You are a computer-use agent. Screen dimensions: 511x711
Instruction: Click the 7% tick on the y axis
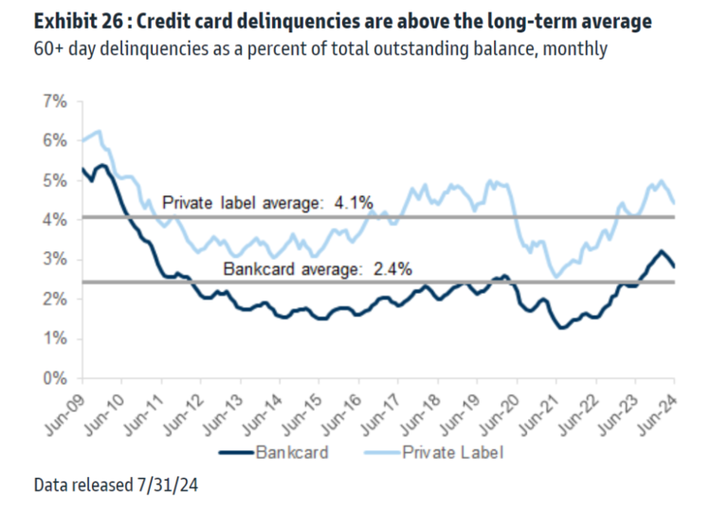click(x=53, y=100)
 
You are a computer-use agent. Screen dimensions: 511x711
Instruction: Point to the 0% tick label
click(x=53, y=378)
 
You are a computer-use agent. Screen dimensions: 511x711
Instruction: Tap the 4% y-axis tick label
click(x=53, y=219)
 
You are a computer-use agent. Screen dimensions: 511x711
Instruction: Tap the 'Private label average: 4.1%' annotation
click(x=268, y=202)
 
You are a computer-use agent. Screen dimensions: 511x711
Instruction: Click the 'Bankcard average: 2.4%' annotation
click(x=318, y=268)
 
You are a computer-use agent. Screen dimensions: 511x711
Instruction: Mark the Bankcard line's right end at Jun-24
click(x=674, y=266)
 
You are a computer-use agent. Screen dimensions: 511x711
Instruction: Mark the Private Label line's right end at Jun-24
click(x=674, y=202)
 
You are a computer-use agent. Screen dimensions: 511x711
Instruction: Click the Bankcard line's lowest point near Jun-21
click(x=561, y=328)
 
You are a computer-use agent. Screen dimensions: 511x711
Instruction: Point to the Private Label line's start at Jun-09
click(x=82, y=141)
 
